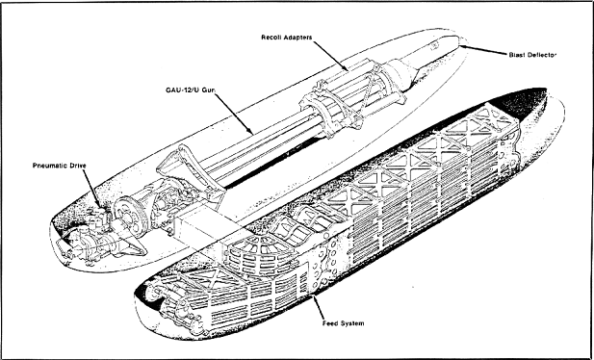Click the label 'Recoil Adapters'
pyautogui.click(x=286, y=38)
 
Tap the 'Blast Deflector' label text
pyautogui.click(x=532, y=55)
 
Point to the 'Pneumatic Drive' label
pyautogui.click(x=60, y=166)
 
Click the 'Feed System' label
pyautogui.click(x=344, y=323)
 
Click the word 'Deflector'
pyautogui.click(x=541, y=55)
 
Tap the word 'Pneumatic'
pyautogui.click(x=50, y=166)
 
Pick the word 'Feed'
pyautogui.click(x=329, y=323)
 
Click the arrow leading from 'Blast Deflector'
pyautogui.click(x=483, y=50)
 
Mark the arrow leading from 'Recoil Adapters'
pyautogui.click(x=330, y=56)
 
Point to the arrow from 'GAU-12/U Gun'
pyautogui.click(x=234, y=114)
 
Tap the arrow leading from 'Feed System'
pyautogui.click(x=318, y=307)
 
